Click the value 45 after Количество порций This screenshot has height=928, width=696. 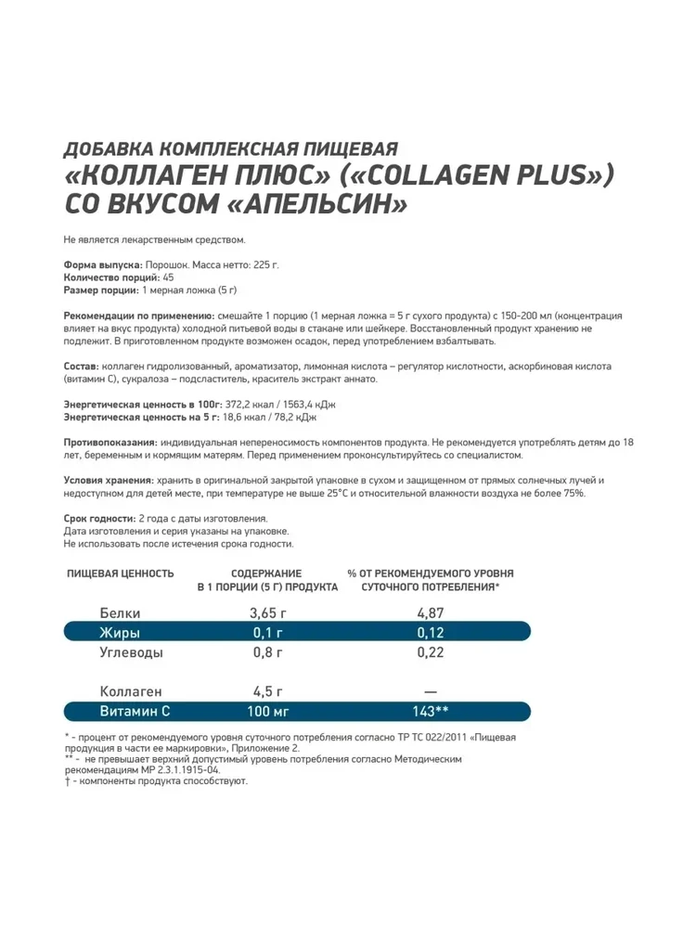pos(167,277)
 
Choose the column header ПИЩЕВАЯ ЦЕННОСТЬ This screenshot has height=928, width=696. pos(121,574)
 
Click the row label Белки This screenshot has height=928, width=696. pos(118,612)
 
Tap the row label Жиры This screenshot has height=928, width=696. pos(120,633)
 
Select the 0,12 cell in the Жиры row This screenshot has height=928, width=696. pos(430,633)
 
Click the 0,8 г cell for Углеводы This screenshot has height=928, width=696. pos(265,652)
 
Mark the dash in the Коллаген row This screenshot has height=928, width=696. pos(430,692)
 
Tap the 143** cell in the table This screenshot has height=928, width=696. pos(431,712)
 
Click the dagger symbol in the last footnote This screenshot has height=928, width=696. pos(68,781)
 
